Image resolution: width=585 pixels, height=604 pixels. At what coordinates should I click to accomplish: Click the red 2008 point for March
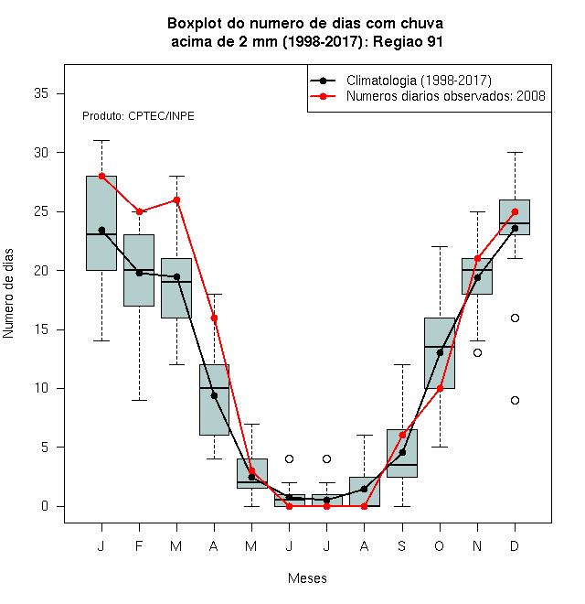[176, 200]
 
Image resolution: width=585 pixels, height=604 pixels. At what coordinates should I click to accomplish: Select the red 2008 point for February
[139, 211]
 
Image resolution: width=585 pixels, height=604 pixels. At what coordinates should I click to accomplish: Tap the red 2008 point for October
[440, 388]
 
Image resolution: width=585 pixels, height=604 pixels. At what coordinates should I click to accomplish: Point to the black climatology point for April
[215, 395]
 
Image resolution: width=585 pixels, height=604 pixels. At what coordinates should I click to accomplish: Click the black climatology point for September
[402, 452]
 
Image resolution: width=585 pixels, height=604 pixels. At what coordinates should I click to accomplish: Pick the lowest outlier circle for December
[515, 400]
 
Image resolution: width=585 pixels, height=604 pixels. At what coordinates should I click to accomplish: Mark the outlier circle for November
[478, 353]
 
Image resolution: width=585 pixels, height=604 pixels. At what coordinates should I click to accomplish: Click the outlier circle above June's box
[290, 458]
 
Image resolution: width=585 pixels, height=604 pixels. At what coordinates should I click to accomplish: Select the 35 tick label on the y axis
[41, 93]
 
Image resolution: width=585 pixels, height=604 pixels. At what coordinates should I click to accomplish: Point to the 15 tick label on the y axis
[41, 329]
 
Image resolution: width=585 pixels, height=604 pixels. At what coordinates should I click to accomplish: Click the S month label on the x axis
[402, 545]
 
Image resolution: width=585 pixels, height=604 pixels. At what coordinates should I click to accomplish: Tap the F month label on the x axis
[139, 545]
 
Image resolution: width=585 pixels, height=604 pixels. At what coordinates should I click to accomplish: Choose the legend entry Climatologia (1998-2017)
[419, 81]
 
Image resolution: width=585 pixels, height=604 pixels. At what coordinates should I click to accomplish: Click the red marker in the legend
[323, 96]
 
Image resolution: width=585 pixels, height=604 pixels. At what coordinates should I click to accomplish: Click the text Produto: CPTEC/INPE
[138, 116]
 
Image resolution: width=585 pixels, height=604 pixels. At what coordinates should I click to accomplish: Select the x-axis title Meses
[307, 578]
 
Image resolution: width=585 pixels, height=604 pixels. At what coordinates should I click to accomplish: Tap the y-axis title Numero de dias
[8, 294]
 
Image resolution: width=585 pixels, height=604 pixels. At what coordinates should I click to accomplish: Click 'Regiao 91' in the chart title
[408, 41]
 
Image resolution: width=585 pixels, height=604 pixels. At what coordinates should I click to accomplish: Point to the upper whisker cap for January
[102, 141]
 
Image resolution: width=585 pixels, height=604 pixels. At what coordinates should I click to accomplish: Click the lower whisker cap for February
[139, 400]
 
